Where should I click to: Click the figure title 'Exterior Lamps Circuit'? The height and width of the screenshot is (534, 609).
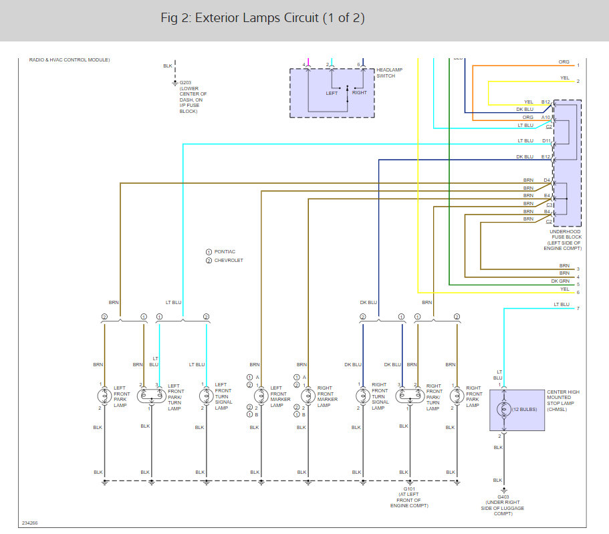click(x=263, y=18)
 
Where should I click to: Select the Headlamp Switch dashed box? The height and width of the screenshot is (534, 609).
click(x=332, y=93)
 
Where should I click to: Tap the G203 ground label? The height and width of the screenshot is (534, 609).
click(x=185, y=84)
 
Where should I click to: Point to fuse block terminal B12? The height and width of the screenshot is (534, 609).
click(x=546, y=102)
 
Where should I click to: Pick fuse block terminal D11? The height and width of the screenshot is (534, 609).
click(x=546, y=141)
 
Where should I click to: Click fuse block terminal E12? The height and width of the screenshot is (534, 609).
click(x=546, y=157)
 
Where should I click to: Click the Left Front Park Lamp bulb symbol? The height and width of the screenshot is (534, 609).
click(x=104, y=396)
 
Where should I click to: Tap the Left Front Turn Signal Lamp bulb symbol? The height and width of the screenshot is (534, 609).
click(x=206, y=396)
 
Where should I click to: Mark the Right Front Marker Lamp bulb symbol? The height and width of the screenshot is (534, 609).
click(x=308, y=396)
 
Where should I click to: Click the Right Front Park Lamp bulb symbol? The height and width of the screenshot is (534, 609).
click(x=457, y=396)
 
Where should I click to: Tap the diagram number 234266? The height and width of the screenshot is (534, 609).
click(x=29, y=523)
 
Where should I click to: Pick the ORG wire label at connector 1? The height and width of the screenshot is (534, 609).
click(x=564, y=62)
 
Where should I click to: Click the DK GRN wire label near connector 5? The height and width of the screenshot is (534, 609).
click(x=560, y=281)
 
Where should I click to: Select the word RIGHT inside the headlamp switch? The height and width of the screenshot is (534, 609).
click(x=360, y=93)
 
